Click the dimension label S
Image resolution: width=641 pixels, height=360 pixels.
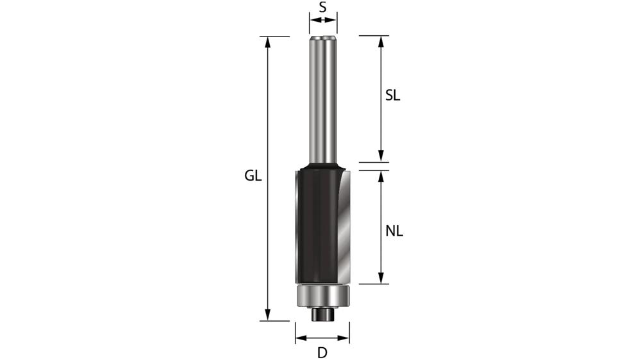(x=322, y=8)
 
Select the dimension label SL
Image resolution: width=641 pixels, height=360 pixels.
(x=393, y=96)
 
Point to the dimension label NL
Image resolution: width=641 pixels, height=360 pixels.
(x=394, y=231)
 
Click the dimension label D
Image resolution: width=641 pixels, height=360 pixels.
(x=322, y=352)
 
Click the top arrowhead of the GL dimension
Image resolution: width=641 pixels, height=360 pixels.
(x=268, y=41)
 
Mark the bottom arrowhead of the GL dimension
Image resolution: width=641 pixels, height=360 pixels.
(x=268, y=315)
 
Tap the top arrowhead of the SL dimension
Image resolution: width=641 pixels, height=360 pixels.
(x=381, y=40)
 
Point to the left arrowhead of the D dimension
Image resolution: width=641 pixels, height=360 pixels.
(x=300, y=339)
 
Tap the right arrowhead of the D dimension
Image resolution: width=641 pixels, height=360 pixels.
(x=345, y=339)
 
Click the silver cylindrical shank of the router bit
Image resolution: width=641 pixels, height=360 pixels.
(x=322, y=102)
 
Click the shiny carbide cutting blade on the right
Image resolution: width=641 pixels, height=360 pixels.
(x=343, y=224)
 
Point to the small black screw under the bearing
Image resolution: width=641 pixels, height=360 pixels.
(x=322, y=315)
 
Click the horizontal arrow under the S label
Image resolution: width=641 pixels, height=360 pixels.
(x=322, y=20)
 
